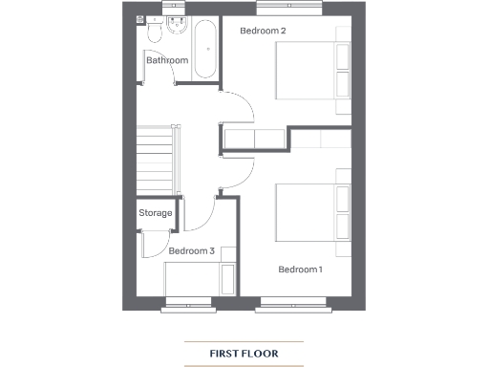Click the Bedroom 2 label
pos(263,31)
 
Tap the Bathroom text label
pos(167,61)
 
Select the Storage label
pos(156,213)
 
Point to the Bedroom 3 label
pos(191,251)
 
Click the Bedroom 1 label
pos(300,270)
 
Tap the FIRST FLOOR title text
pos(244,354)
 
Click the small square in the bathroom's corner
pos(140,19)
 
